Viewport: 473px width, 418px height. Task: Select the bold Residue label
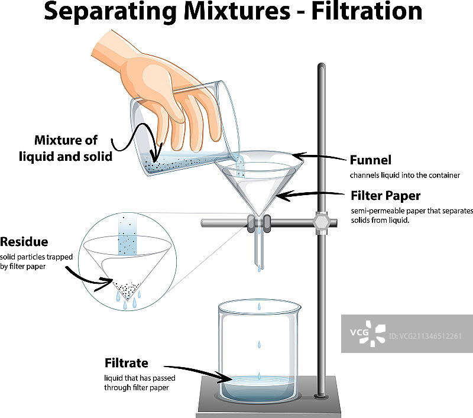[x=24, y=242]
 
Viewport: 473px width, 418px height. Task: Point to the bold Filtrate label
[x=126, y=362]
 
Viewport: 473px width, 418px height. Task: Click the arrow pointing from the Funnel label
[x=322, y=158]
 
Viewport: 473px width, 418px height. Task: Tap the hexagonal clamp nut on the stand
[x=322, y=223]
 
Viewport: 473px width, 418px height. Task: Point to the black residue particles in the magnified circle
[x=127, y=289]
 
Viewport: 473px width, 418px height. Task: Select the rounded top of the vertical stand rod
[x=321, y=66]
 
